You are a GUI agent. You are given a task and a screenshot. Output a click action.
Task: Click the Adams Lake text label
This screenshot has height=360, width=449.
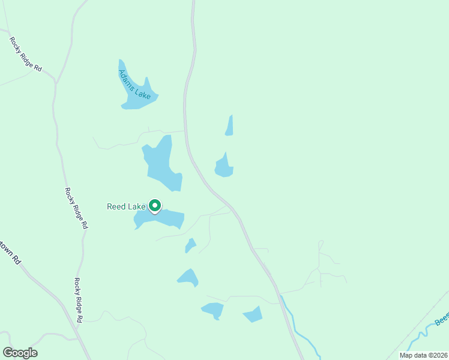[134, 85]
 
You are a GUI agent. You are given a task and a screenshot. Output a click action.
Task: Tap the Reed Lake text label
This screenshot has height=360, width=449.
[126, 206]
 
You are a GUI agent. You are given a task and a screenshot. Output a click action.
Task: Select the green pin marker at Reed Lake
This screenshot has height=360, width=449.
[154, 206]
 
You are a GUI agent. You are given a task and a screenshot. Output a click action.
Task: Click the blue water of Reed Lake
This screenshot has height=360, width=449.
[168, 219]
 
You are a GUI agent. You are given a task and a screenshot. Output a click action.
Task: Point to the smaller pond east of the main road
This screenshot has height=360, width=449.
[229, 126]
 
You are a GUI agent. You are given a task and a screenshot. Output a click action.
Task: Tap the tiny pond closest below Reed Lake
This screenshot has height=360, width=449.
[190, 245]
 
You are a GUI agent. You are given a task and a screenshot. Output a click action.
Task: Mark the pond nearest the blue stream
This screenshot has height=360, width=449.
[253, 314]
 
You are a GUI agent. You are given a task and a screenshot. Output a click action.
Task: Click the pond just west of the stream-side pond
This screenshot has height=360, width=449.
[213, 310]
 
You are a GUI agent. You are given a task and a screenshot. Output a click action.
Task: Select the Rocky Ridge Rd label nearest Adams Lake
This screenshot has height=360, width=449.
[25, 55]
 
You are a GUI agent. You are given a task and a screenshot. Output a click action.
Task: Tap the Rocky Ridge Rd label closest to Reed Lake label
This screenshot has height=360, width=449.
[76, 208]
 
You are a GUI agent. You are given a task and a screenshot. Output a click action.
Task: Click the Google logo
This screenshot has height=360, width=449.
[20, 353]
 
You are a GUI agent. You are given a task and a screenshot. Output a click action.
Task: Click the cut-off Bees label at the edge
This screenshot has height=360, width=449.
[442, 321]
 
